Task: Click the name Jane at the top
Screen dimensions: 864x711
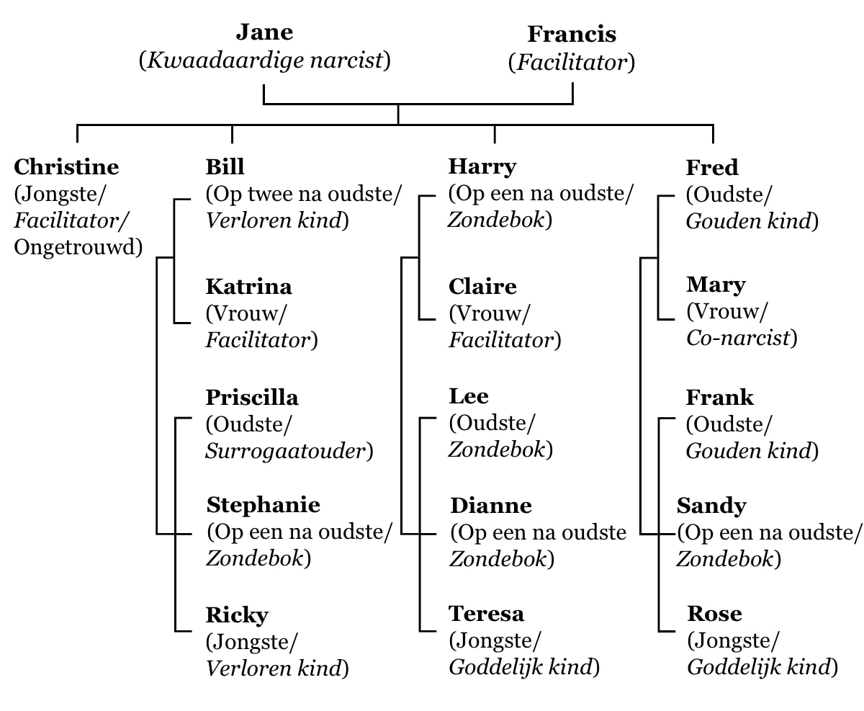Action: pyautogui.click(x=265, y=32)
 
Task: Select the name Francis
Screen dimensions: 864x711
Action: pyautogui.click(x=572, y=34)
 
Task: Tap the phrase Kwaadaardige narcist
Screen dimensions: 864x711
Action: pyautogui.click(x=265, y=61)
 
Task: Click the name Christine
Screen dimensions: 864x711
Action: pyautogui.click(x=66, y=167)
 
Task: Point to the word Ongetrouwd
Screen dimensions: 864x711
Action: pyautogui.click(x=76, y=247)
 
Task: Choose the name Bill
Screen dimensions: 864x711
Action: pyautogui.click(x=225, y=167)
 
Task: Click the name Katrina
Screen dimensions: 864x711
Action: pyautogui.click(x=248, y=287)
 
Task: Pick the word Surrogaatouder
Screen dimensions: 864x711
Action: pyautogui.click(x=286, y=451)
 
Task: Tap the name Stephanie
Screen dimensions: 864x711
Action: pyautogui.click(x=263, y=505)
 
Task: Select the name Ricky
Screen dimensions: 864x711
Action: pyautogui.click(x=237, y=615)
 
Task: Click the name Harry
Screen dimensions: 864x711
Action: pyautogui.click(x=482, y=167)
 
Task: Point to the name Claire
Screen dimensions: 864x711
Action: pyautogui.click(x=482, y=287)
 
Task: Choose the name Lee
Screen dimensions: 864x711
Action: pyautogui.click(x=469, y=396)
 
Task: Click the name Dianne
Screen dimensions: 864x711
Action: pyautogui.click(x=491, y=506)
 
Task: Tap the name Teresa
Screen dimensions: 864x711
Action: pyautogui.click(x=486, y=614)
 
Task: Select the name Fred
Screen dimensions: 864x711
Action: pyautogui.click(x=712, y=168)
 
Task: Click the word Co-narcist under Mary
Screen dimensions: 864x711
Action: pyautogui.click(x=738, y=339)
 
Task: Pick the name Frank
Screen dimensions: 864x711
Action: pyautogui.click(x=720, y=398)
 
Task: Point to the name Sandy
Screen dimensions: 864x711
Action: pyautogui.click(x=711, y=506)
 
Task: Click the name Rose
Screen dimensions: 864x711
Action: pyautogui.click(x=714, y=614)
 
